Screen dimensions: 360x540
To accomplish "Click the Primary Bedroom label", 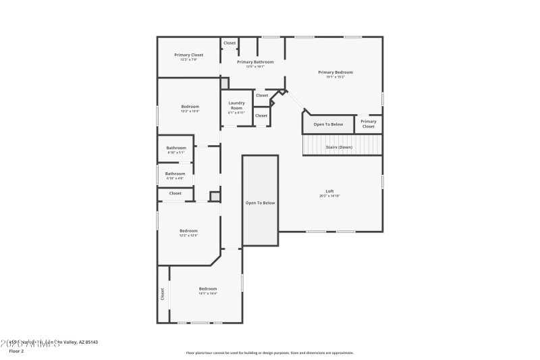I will [x=335, y=72].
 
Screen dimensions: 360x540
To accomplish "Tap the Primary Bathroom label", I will [x=255, y=62].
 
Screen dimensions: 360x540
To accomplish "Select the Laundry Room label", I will [x=236, y=105].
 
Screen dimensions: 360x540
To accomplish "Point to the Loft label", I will [x=330, y=191].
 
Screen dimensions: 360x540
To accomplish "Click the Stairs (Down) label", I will [x=339, y=147].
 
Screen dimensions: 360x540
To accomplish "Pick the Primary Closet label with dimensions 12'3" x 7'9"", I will [x=188, y=55].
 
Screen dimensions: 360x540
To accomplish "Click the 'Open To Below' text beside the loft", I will [x=260, y=203].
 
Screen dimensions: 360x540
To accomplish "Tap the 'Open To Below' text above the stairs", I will [x=328, y=124].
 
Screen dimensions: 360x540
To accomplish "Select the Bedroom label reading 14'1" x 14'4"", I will [x=208, y=288].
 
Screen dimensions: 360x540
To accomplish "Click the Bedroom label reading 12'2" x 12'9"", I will [x=188, y=230].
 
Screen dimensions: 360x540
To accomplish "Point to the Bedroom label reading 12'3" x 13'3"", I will [x=190, y=107].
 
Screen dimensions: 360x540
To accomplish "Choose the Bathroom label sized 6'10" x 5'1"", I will [x=176, y=148].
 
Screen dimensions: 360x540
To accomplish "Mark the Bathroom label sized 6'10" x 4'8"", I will [x=175, y=174].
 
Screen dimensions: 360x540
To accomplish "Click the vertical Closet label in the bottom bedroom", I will [x=163, y=294].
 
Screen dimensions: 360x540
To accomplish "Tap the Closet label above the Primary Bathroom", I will [x=230, y=43].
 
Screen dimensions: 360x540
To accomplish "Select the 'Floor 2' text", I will [x=16, y=351].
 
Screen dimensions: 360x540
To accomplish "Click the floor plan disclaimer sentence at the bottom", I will [x=269, y=353].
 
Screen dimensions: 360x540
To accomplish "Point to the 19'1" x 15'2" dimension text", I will [x=335, y=77].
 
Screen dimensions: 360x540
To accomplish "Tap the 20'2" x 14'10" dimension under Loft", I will [x=330, y=196].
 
